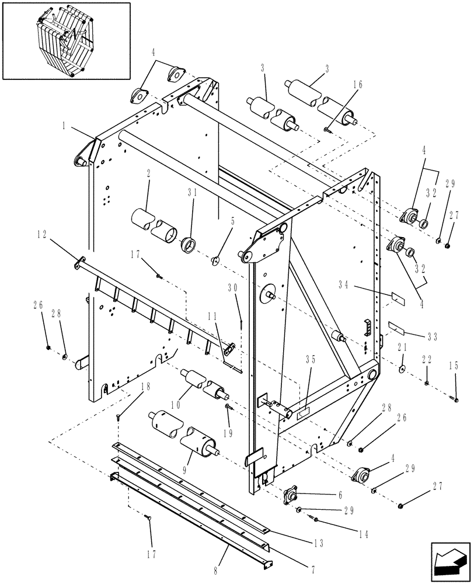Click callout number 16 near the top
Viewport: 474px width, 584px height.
(x=357, y=85)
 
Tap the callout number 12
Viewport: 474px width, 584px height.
(x=41, y=234)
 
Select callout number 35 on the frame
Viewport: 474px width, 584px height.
(x=310, y=360)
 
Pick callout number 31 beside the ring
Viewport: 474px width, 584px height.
(x=192, y=193)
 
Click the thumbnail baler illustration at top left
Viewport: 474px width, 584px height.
(x=65, y=40)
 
